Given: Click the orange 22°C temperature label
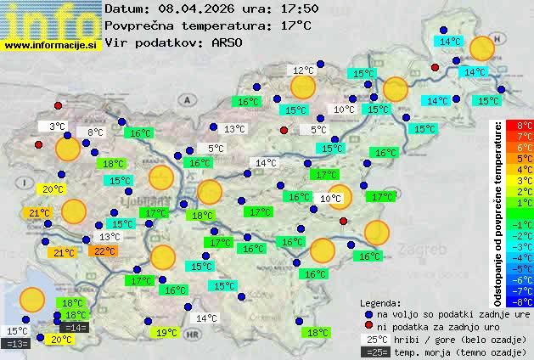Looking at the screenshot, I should [104, 250].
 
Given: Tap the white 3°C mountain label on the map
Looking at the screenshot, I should [56, 126].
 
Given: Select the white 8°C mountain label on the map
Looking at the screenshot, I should [94, 132].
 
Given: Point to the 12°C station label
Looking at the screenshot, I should [303, 70].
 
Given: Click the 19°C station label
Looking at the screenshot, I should [167, 332].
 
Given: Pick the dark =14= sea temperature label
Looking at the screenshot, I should [75, 327].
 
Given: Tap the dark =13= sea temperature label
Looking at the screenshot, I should [16, 343].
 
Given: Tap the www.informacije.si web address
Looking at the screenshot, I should [51, 44].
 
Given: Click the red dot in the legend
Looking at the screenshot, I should [368, 326].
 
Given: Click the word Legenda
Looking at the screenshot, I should [380, 302].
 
